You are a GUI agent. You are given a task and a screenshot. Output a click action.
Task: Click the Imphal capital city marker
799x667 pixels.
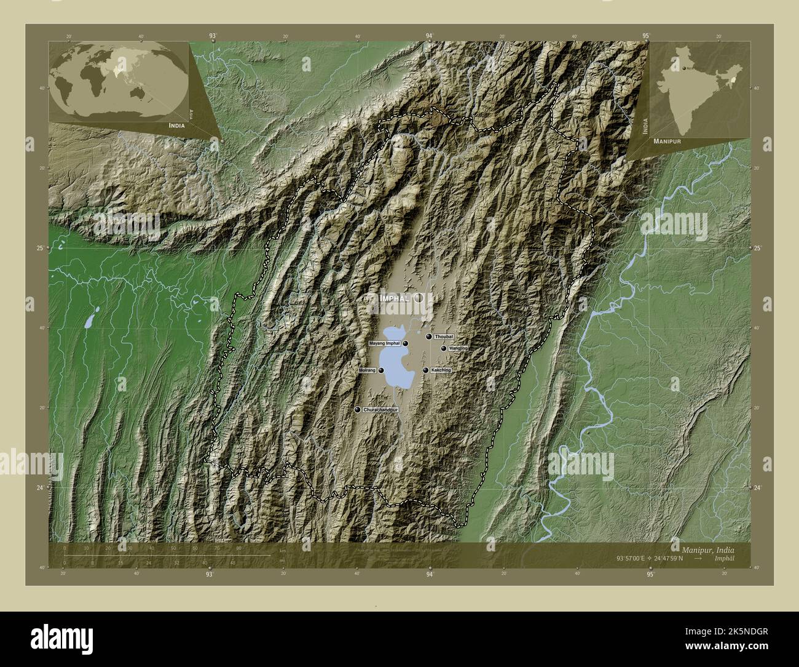click(419, 298)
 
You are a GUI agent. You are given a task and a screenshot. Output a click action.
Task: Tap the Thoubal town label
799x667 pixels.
click(444, 337)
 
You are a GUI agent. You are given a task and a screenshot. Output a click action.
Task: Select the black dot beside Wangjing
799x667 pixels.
click(444, 348)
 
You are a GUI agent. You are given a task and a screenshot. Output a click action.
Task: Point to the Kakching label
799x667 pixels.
click(441, 370)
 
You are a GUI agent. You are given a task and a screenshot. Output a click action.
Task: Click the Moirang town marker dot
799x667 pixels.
click(382, 370)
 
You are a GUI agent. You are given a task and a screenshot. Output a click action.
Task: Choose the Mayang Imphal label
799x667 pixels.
click(384, 343)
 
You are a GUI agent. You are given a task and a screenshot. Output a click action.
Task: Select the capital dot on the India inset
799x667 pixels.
click(683, 68)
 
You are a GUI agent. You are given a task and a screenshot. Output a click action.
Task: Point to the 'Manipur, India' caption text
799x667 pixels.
click(707, 548)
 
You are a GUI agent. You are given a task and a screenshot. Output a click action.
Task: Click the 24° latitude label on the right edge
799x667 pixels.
click(757, 488)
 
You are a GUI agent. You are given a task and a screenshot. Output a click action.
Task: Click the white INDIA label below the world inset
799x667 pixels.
click(172, 125)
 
